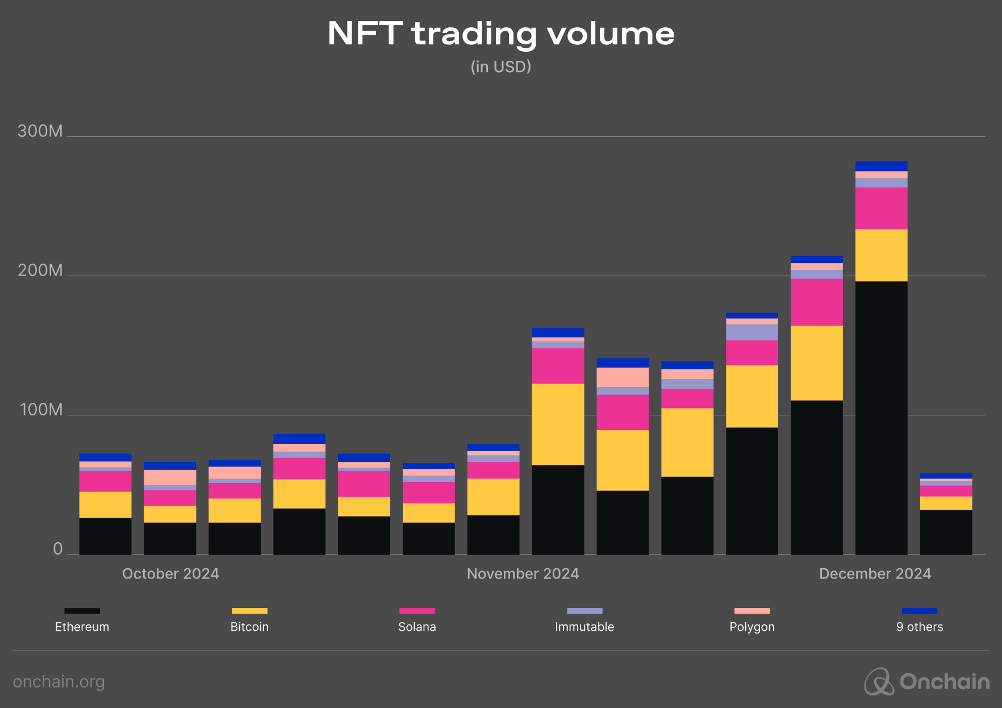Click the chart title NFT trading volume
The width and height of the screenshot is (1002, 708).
(x=501, y=34)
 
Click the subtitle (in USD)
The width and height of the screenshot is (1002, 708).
(x=501, y=67)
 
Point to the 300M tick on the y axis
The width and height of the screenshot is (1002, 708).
(x=40, y=131)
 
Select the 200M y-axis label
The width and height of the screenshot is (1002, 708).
(x=40, y=270)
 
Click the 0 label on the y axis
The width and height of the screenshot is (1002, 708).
(x=57, y=549)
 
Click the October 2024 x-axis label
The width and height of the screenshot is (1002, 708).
(x=170, y=574)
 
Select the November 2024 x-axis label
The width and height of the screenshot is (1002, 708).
(x=523, y=574)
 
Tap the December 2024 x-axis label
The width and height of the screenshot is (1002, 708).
(x=875, y=574)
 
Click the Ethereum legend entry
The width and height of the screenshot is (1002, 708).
(x=82, y=620)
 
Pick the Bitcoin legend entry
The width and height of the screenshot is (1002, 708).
(x=249, y=620)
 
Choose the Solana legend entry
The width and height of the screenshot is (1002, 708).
(x=417, y=620)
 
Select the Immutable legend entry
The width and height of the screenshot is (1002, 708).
(x=584, y=620)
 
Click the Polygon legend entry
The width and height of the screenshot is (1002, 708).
(x=752, y=620)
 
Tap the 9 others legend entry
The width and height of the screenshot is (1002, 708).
(x=920, y=620)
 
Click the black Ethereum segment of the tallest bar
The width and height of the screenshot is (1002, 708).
(x=881, y=418)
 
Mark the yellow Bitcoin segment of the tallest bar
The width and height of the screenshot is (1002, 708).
(x=881, y=255)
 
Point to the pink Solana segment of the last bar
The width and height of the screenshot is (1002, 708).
(x=946, y=491)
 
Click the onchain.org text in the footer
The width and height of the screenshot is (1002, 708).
(x=59, y=682)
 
